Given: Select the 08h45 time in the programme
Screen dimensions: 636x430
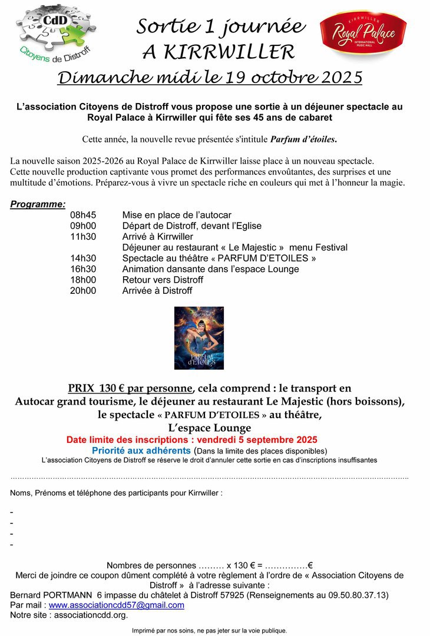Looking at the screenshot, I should [x=83, y=215].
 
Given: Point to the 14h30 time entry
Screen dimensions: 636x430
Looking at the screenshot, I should [x=83, y=258].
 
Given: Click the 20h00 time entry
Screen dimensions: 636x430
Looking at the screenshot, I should [x=83, y=290].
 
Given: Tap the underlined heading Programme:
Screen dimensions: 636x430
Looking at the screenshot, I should [x=38, y=204].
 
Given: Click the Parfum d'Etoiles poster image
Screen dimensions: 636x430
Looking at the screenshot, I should [x=199, y=338].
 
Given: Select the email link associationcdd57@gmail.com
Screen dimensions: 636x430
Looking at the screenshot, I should [x=116, y=605].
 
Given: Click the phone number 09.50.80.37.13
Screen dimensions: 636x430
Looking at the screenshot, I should [x=355, y=595].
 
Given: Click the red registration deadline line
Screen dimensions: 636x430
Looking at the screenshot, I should [x=191, y=440].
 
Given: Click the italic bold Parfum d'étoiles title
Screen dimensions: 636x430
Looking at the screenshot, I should [x=303, y=140].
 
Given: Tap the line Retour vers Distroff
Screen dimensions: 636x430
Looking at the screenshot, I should [x=163, y=280].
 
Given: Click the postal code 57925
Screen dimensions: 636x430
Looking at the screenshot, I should [x=231, y=595].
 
